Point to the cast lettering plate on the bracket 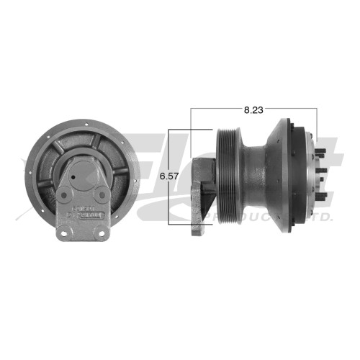coord(85,213)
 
